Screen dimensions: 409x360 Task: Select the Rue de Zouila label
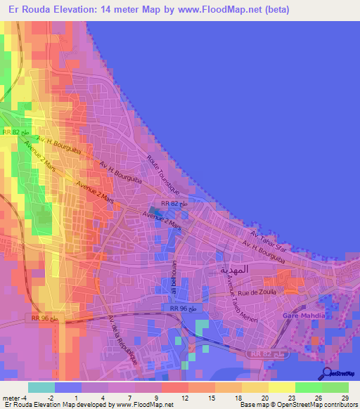pyautogui.click(x=259, y=290)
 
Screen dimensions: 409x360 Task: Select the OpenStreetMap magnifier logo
pyautogui.click(x=326, y=373)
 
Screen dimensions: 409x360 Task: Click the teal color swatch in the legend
pyautogui.click(x=41, y=387)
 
